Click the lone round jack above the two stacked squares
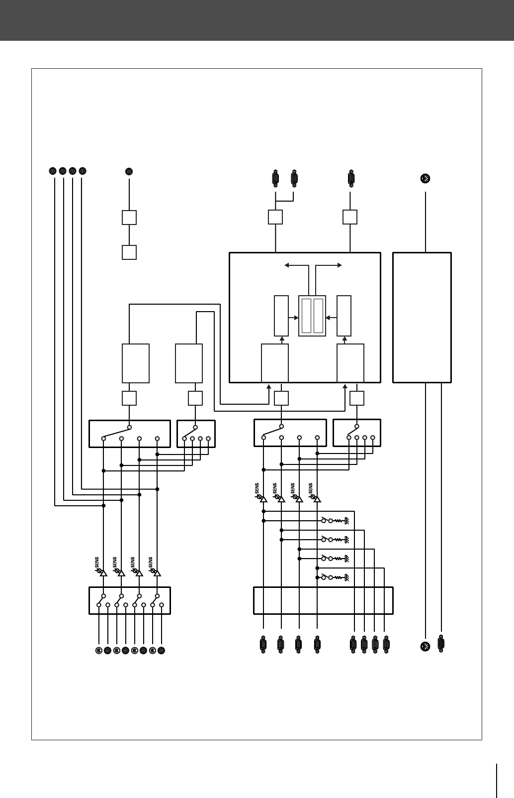(129, 172)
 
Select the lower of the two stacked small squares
(129, 252)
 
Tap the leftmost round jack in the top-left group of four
(53, 171)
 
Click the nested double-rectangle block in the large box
(312, 316)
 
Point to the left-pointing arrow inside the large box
(287, 265)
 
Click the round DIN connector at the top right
(425, 179)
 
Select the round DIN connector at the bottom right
(425, 646)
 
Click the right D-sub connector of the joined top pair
(294, 178)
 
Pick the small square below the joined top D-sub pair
(275, 217)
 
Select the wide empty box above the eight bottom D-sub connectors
(323, 601)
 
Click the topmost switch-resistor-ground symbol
(336, 521)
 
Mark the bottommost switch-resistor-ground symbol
(336, 577)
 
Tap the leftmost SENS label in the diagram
(97, 563)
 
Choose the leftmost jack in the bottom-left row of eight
(99, 650)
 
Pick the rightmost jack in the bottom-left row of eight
(161, 650)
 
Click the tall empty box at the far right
(422, 318)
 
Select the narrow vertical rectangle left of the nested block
(281, 316)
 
